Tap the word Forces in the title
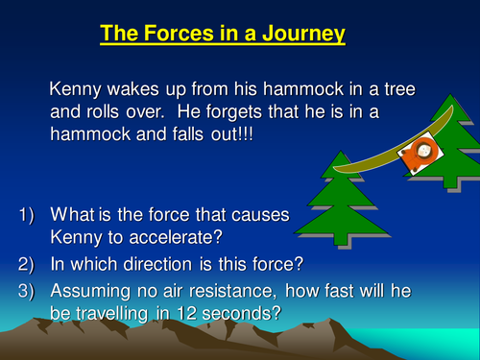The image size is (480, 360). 181,35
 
